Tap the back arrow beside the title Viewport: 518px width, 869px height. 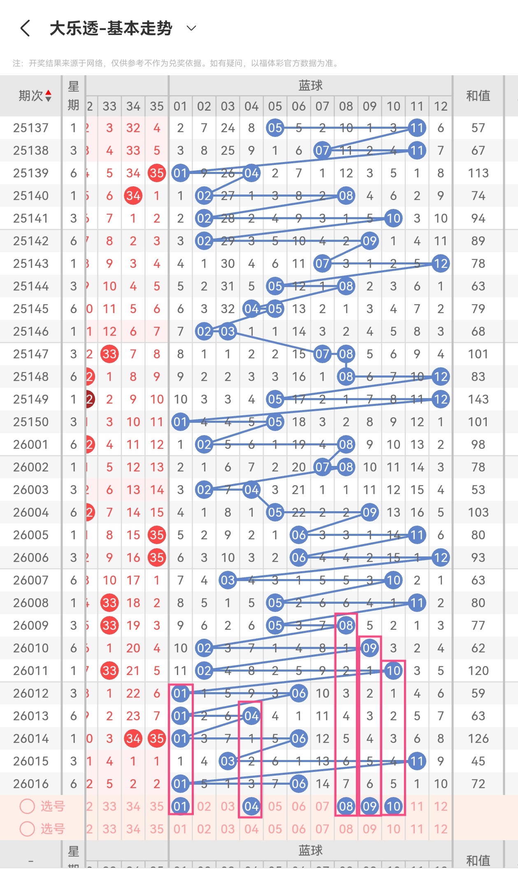click(25, 28)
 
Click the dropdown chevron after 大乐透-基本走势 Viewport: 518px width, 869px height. click(191, 28)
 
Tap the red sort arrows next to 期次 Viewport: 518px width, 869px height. click(49, 96)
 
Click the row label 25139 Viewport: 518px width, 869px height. click(31, 173)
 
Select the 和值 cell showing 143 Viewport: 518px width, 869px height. click(478, 399)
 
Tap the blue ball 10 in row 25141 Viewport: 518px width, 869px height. click(393, 218)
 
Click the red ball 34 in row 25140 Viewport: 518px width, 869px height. click(133, 196)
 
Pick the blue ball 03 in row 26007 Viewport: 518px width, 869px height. click(228, 580)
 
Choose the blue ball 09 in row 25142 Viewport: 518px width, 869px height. click(369, 241)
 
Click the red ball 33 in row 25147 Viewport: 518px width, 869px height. click(109, 354)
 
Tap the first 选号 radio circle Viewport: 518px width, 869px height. click(27, 806)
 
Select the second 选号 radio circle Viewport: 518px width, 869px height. click(27, 829)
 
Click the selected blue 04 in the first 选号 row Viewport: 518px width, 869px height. click(251, 806)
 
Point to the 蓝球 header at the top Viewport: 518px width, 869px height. click(310, 86)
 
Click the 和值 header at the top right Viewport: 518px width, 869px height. click(478, 96)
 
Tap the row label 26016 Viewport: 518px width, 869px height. click(31, 784)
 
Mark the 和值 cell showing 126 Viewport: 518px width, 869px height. click(478, 739)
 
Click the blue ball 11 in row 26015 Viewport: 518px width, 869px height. click(417, 761)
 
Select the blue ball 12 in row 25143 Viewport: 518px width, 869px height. click(441, 264)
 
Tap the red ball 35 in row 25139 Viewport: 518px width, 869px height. click(157, 173)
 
